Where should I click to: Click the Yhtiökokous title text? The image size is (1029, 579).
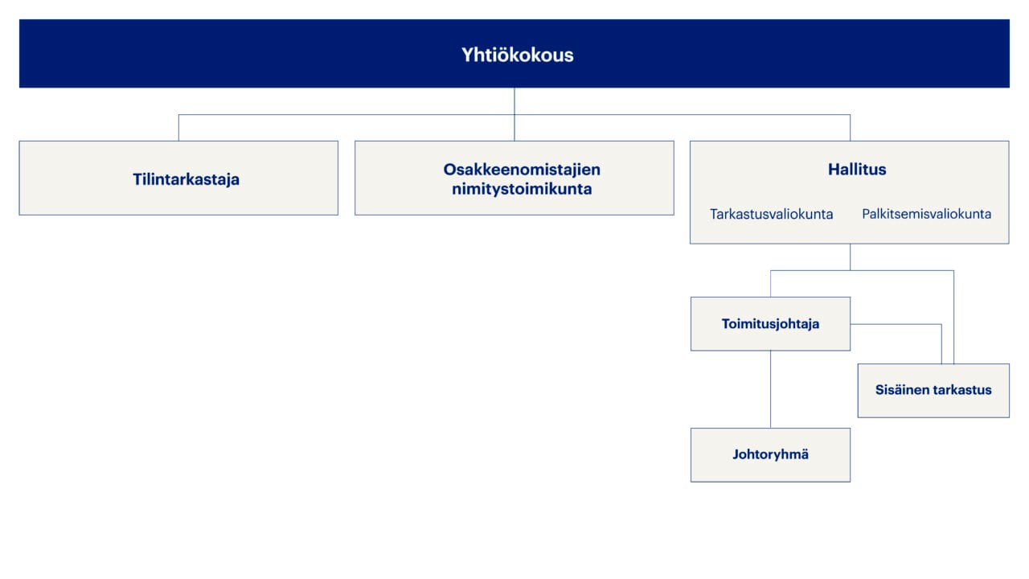click(517, 55)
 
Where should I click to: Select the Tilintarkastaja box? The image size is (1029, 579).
click(178, 178)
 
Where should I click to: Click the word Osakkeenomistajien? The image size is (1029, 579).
click(522, 170)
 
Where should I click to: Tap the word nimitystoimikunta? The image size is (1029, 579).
click(522, 189)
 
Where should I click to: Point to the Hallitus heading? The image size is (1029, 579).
click(857, 169)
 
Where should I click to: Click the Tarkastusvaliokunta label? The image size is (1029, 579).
click(771, 214)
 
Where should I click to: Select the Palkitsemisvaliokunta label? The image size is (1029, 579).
click(926, 214)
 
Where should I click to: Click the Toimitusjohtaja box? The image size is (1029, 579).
click(770, 324)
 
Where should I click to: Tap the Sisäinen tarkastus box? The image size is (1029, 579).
click(933, 391)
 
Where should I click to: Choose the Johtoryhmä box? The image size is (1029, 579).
click(770, 455)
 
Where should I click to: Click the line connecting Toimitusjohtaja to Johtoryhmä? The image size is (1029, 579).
click(770, 390)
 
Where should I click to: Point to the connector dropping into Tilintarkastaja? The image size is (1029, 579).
click(178, 128)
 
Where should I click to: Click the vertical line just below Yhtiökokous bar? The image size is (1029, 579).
click(514, 101)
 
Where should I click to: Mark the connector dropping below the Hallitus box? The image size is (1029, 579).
click(850, 257)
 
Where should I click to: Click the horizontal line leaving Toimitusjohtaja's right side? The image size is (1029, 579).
click(896, 324)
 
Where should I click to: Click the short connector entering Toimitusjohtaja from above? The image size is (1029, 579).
click(770, 284)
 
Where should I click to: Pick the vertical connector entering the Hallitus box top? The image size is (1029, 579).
click(850, 128)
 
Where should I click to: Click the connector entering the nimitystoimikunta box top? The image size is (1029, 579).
click(514, 128)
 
